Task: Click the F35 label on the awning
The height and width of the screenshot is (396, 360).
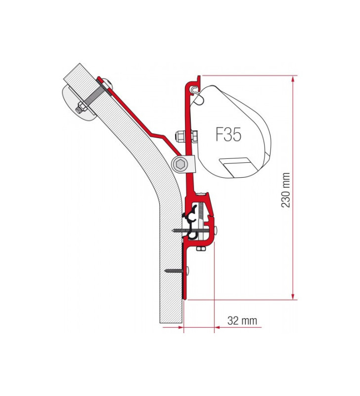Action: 228,134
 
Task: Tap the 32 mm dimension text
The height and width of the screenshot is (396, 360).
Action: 242,321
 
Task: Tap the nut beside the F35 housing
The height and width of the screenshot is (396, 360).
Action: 180,136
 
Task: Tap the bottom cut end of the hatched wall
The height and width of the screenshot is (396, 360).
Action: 172,323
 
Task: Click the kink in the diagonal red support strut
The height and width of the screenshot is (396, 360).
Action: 157,134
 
